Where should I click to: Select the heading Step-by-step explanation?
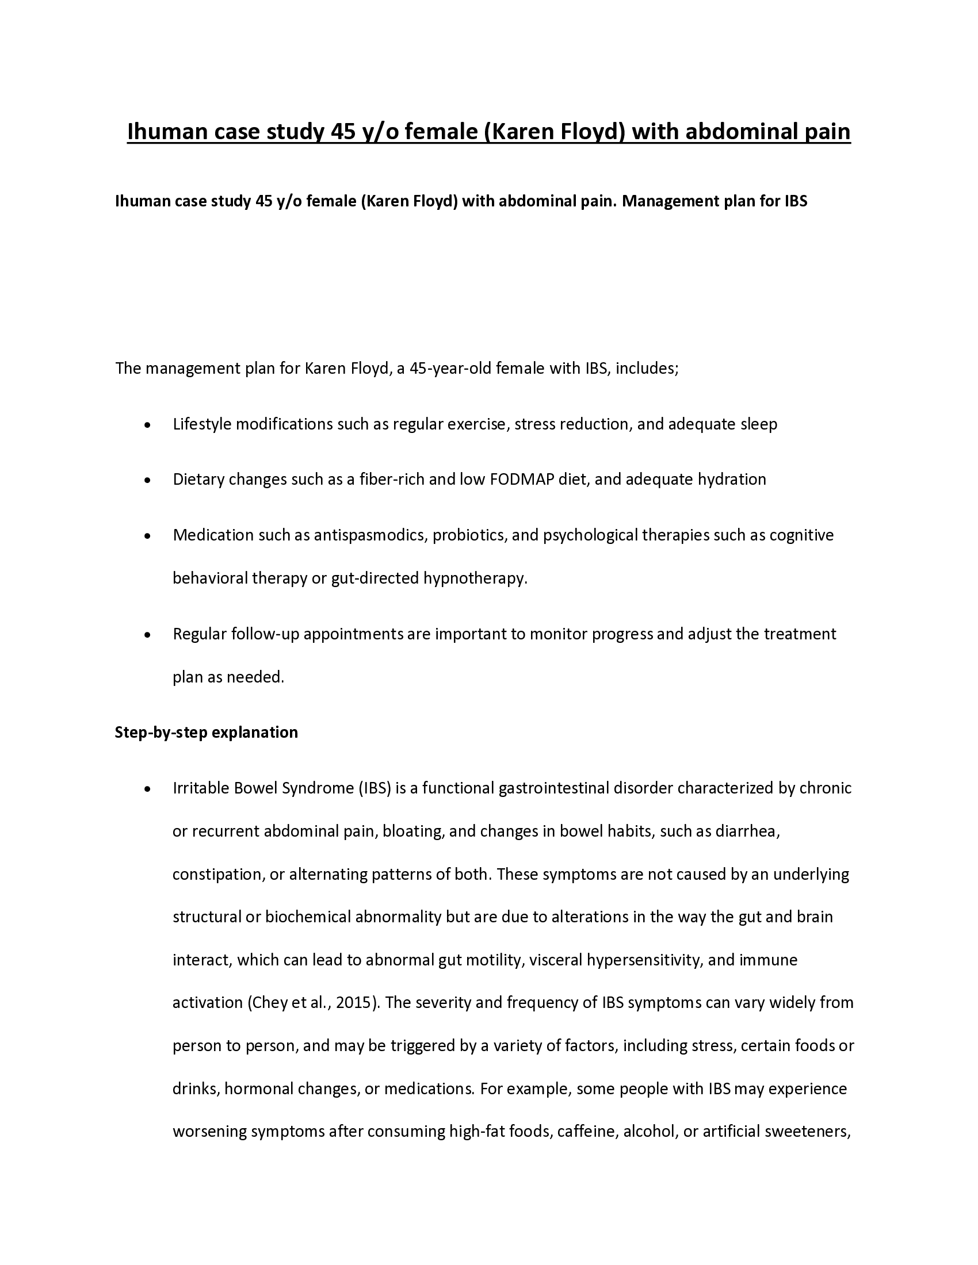[207, 733]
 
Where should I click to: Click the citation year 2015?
[356, 1003]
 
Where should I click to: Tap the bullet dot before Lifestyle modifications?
[148, 425]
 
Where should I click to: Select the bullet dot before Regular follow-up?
[148, 635]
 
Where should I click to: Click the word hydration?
[732, 480]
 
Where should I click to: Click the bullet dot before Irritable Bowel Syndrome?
[148, 789]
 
